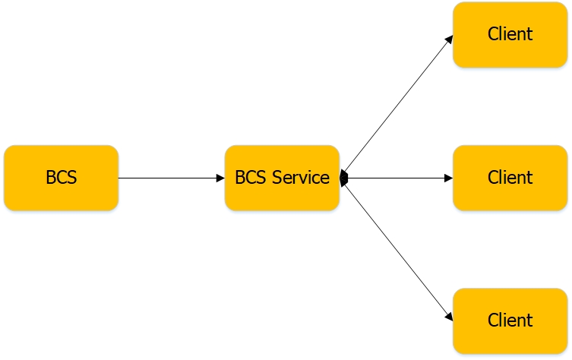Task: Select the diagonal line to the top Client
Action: click(395, 106)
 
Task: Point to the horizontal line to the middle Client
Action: click(395, 178)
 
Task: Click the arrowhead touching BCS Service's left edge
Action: click(220, 178)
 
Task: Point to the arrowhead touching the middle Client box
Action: click(448, 178)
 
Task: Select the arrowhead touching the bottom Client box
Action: click(449, 316)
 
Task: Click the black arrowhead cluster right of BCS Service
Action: click(344, 178)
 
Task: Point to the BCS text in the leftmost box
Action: click(61, 178)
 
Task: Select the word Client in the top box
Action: click(510, 34)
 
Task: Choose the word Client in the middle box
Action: click(510, 178)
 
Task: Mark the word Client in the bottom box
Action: click(510, 320)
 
